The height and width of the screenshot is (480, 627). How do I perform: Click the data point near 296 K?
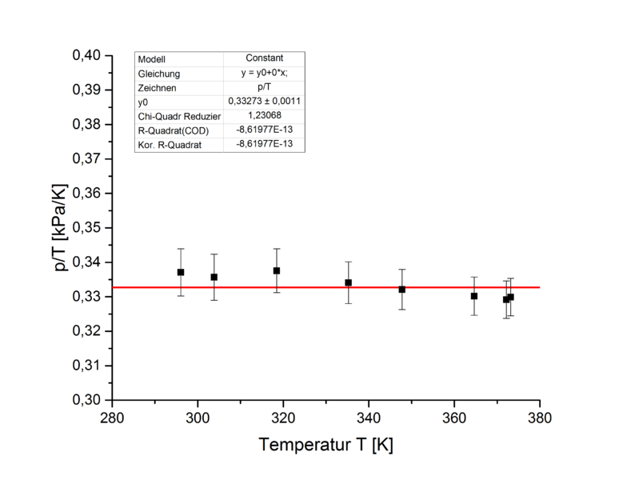[x=181, y=272]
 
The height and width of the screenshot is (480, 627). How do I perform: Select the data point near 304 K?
[x=214, y=277]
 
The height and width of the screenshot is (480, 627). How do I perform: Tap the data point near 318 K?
[x=277, y=270]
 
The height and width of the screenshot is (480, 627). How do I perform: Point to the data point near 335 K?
[x=349, y=282]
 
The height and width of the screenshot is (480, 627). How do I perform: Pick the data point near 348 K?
[x=402, y=289]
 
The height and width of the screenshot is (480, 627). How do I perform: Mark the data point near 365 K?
[x=474, y=296]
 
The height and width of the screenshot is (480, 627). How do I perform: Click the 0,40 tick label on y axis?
[x=87, y=55]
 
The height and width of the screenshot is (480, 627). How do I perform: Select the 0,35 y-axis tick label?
[x=87, y=228]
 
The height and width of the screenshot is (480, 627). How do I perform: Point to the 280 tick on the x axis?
[x=111, y=417]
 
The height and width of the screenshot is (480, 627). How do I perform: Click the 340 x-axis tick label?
[x=368, y=417]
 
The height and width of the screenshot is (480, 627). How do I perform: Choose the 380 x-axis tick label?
[x=539, y=417]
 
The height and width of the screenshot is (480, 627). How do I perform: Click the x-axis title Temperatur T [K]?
[x=325, y=444]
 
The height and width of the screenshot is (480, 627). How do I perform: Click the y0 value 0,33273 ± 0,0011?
[x=264, y=102]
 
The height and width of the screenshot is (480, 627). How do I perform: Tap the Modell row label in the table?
[x=152, y=59]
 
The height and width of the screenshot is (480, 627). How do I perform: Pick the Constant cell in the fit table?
[x=264, y=58]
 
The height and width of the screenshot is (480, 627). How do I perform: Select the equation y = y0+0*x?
[x=264, y=73]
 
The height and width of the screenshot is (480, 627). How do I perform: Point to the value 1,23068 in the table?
[x=264, y=116]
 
